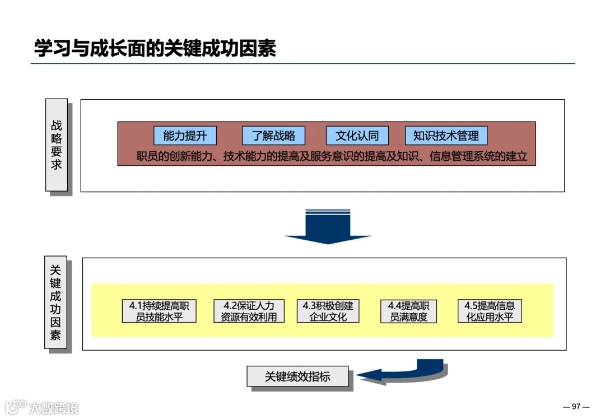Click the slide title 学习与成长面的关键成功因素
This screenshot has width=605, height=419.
(155, 48)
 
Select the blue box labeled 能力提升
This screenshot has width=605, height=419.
(185, 136)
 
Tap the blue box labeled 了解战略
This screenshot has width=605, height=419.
(273, 136)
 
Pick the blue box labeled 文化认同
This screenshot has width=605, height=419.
(357, 136)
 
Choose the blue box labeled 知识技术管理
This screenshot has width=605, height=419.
(446, 136)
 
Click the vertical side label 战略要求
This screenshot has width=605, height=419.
(57, 145)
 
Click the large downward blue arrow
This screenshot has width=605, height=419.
(328, 226)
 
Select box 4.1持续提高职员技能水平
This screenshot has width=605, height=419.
(160, 311)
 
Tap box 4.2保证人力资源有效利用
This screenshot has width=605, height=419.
(249, 311)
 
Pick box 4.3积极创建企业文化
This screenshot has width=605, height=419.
(328, 311)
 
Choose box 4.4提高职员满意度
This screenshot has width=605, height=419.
(408, 311)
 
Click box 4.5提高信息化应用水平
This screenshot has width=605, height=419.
(490, 311)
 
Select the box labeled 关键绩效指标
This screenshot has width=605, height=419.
(297, 376)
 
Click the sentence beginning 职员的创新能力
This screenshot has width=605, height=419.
(332, 156)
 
